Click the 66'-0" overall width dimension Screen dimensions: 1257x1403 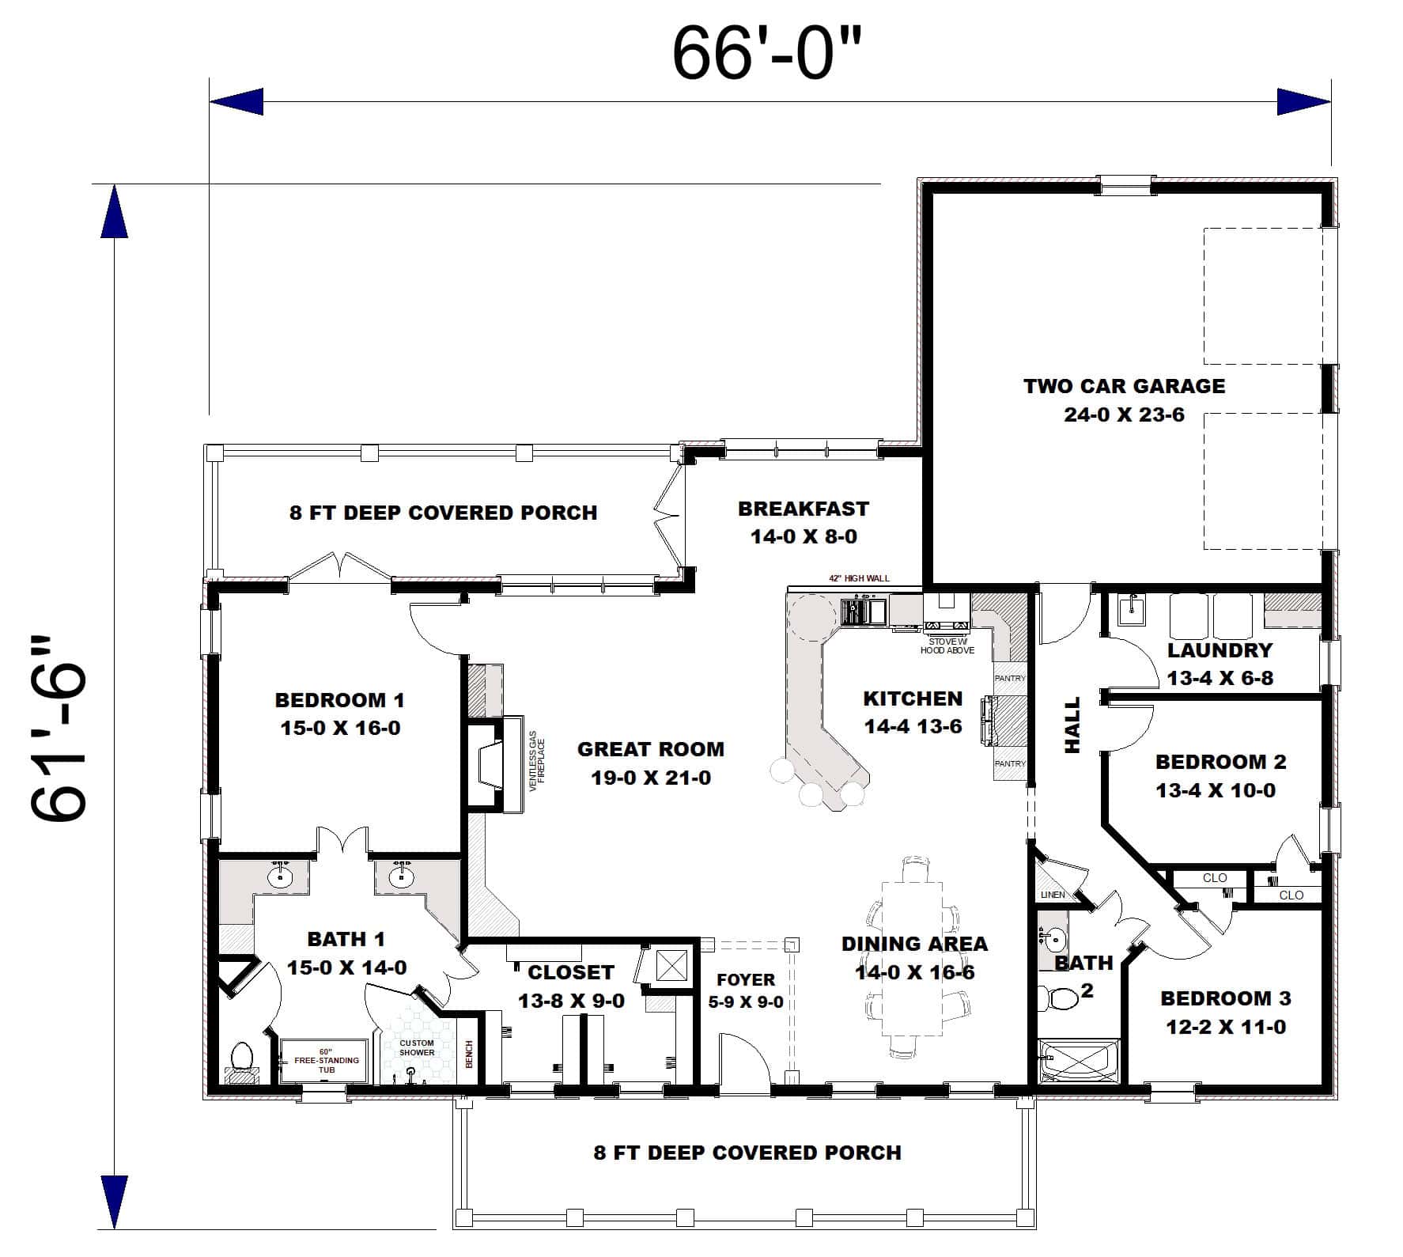point(765,54)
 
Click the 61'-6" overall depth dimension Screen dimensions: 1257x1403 point(59,728)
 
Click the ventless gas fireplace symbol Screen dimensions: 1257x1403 point(490,764)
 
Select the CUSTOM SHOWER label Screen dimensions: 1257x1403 point(416,1047)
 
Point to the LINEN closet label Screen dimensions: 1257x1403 point(1053,895)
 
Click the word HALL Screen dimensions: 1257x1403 point(1072,725)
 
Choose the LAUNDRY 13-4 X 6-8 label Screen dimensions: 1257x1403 point(1220,664)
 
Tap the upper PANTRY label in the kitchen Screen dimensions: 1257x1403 point(1009,678)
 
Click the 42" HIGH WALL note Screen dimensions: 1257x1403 point(859,578)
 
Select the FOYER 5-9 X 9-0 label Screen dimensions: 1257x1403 point(745,990)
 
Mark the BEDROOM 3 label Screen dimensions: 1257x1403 point(1225,1012)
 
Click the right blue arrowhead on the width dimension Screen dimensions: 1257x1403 point(1303,102)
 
